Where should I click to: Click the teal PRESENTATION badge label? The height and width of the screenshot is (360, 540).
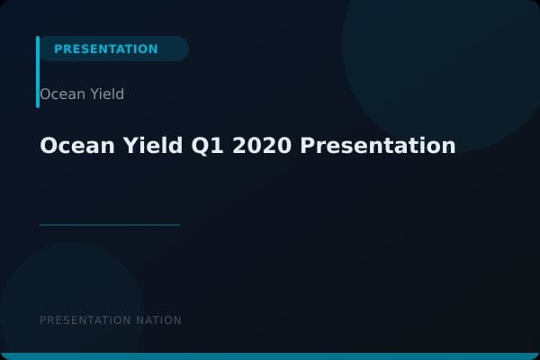tap(105, 49)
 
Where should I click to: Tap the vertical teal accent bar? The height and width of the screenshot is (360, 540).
tap(38, 72)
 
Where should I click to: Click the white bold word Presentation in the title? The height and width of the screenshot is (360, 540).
tap(378, 146)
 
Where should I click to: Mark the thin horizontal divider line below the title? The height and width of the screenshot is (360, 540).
tap(110, 224)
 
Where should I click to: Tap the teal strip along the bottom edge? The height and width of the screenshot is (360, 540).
tap(270, 356)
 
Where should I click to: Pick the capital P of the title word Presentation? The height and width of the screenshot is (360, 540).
tap(308, 146)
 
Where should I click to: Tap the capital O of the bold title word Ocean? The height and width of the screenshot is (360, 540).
tap(49, 146)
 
